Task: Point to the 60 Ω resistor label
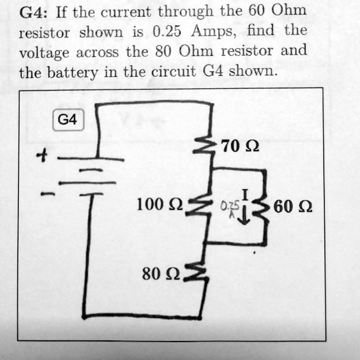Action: [x=293, y=206]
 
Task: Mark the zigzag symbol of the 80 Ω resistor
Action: [x=197, y=275]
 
